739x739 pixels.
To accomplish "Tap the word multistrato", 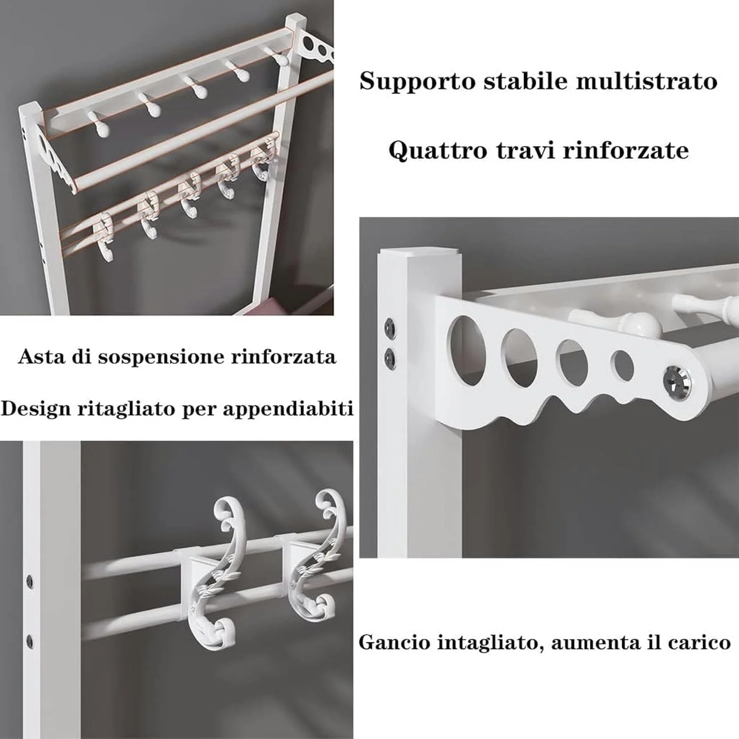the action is (647, 80).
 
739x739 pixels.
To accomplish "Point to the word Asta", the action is (42, 356).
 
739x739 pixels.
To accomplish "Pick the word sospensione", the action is (161, 357).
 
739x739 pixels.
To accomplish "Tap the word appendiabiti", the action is (288, 409).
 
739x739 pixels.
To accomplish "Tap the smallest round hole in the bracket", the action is (622, 365).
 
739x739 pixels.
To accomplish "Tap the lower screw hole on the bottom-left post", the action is (30, 641).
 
